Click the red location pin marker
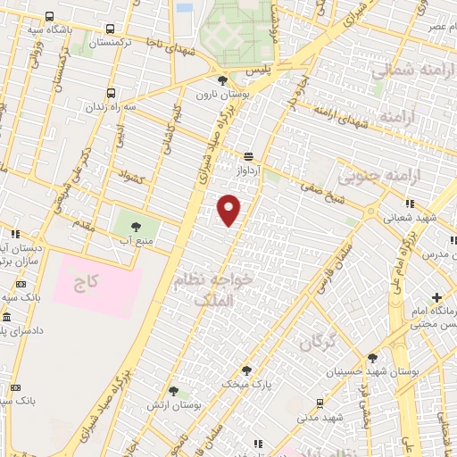coord(229,209)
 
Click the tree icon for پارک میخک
coord(246,370)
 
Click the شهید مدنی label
coord(320,417)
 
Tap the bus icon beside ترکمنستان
coord(109,30)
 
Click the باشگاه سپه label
coord(22,28)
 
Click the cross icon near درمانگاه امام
coord(436,296)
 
